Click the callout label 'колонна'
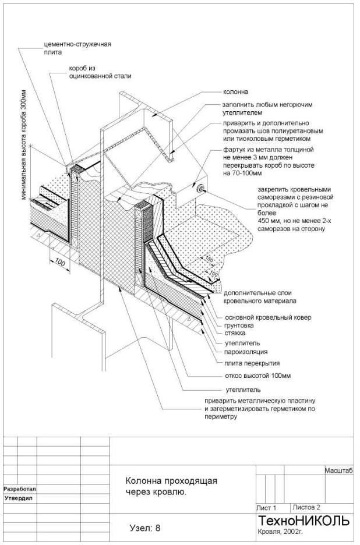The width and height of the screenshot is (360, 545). point(236,91)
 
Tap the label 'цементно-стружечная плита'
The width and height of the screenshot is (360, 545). point(77,48)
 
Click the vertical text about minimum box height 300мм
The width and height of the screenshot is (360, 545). point(24,145)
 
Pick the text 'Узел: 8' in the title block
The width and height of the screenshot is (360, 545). point(144,528)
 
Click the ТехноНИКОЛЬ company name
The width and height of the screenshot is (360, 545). point(304,520)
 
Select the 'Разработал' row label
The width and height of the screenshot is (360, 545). point(20,489)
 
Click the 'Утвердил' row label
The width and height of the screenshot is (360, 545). point(17,499)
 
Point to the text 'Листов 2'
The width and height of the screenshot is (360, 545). point(307,507)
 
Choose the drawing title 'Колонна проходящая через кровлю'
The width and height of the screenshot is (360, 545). point(171,486)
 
